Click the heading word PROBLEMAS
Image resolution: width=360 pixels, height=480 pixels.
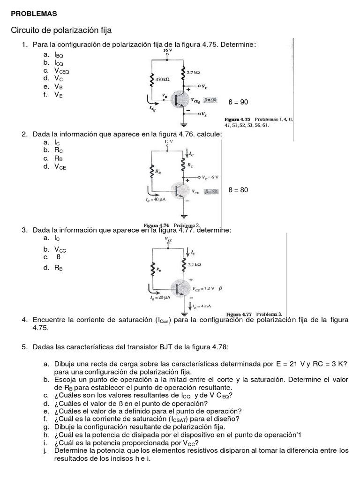[x=34, y=14]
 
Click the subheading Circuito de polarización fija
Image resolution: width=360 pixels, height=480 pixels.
[x=61, y=31]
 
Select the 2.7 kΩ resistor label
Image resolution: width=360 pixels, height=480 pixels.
[x=194, y=73]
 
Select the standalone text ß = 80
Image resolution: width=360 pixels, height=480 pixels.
[x=238, y=190]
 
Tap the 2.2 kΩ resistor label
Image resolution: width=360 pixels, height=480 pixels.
[x=194, y=265]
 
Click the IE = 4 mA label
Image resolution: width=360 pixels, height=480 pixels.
[x=202, y=306]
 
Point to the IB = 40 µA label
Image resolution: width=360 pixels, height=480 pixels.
[x=157, y=199]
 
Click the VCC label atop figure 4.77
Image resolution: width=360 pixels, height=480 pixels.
[x=168, y=240]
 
